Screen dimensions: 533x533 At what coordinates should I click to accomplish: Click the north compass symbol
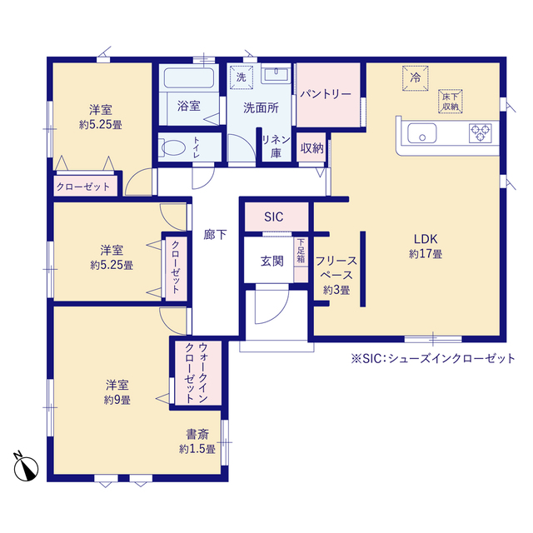pos(26,467)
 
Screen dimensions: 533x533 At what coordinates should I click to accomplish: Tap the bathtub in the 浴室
pos(189,77)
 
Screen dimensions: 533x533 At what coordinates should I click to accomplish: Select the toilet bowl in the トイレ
pos(172,148)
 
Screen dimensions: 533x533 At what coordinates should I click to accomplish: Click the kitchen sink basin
pos(422,133)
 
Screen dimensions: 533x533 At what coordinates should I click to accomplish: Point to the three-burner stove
pos(480,133)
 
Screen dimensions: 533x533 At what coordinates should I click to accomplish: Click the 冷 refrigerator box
pos(415,78)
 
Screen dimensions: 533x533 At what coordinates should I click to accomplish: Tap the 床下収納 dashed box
pos(450,102)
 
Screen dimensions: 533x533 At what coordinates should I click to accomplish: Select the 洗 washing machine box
pos(242,77)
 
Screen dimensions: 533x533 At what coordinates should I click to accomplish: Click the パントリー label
pos(326,94)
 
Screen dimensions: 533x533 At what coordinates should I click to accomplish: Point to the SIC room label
pos(274,217)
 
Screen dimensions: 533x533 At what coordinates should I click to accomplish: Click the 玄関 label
pos(272,261)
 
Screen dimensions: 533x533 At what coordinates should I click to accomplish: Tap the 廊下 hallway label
pos(215,234)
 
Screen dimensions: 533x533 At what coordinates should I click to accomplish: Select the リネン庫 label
pos(276,147)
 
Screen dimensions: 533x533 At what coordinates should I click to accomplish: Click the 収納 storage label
pos(312,148)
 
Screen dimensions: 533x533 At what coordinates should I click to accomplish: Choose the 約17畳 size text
pos(426,254)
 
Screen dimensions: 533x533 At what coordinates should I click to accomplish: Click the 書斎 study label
pos(197,434)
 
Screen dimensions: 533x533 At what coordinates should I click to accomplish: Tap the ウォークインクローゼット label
pos(197,373)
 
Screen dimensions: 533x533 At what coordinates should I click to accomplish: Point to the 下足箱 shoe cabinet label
pos(301,251)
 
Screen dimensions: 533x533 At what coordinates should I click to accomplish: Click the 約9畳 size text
pos(117,400)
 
